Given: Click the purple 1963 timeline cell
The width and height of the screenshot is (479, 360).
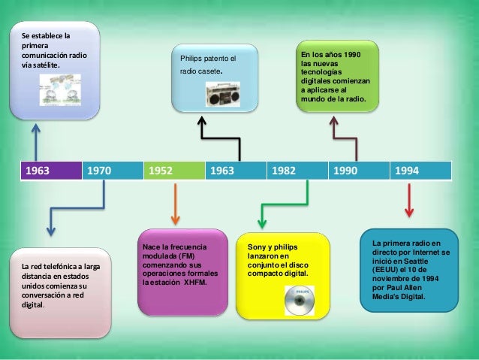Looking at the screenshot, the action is pos(51,171).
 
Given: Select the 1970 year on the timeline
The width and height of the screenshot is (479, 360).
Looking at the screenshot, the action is pos(113,171).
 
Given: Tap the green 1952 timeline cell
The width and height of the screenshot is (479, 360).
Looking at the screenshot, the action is pos(174,171).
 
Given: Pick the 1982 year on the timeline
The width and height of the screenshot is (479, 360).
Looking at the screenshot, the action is pos(297,171).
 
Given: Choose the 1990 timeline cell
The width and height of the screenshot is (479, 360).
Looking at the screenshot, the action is pos(359,171).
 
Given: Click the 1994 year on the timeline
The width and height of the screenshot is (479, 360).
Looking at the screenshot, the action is pos(420,171).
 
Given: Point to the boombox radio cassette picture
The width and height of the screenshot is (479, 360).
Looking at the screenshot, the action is pos(223,94).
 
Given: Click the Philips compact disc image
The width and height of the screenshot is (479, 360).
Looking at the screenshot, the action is pos(300,301).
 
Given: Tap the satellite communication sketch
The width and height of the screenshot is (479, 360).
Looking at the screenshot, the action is pos(60,90).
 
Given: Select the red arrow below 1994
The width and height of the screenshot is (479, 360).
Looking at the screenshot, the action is pos(409,201).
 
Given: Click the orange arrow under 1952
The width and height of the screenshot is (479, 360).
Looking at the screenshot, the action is pos(175,204).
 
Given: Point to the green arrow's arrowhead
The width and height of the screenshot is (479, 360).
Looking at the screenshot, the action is pos(262,223).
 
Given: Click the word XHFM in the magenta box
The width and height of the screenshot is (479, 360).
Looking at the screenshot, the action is pos(195,283).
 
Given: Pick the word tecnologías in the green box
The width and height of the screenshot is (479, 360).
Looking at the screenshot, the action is pos(321,72).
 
